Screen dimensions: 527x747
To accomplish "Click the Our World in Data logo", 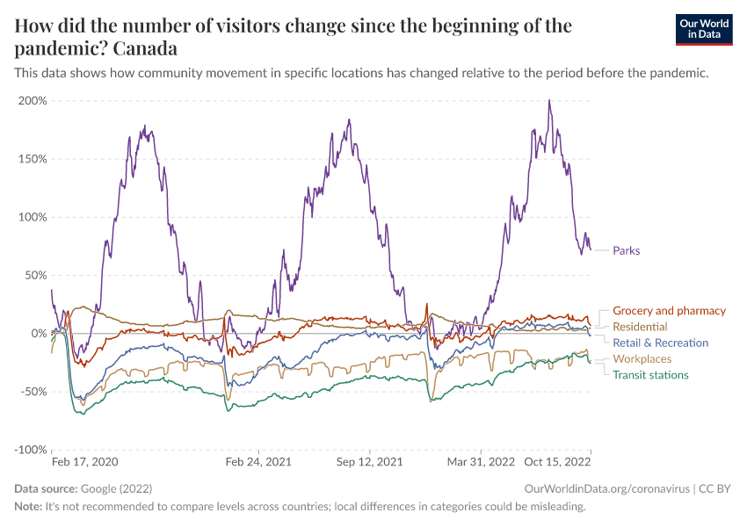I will pos(704,29).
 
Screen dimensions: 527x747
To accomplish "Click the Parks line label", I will pos(626,250).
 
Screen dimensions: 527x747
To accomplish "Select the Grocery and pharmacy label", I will pos(669,311).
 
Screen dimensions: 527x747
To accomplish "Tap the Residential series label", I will pos(640,327).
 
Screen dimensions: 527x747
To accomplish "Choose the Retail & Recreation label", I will pos(660,343).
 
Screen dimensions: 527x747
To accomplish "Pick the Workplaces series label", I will pos(642,359).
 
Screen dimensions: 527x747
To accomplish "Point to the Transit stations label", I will pos(650,375).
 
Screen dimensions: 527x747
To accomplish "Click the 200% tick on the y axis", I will pos(32,101).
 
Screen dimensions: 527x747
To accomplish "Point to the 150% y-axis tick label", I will pos(32,159).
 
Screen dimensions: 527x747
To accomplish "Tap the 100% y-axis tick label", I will pos(32,217).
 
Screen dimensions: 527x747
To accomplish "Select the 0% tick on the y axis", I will pos(38,334).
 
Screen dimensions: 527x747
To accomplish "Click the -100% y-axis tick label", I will pos(30,450).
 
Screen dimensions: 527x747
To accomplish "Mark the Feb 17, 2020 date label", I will pos(84,461).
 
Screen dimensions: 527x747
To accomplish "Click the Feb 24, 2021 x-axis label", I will pos(257,461).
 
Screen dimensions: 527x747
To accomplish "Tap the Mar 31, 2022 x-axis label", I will pos(481,461).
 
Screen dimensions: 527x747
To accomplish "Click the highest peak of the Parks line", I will pos(549,100).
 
